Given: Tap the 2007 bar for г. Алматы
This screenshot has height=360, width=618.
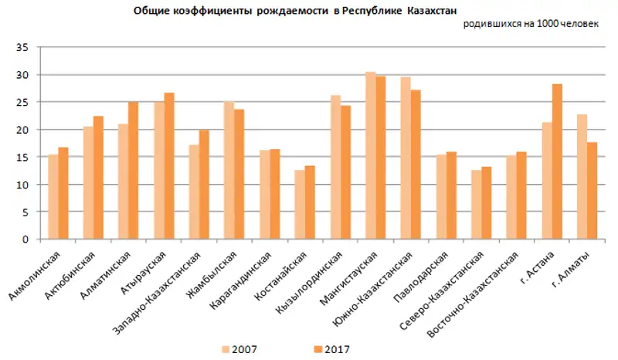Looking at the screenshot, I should (582, 177).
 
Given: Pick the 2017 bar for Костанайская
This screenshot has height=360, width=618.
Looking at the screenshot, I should (310, 202).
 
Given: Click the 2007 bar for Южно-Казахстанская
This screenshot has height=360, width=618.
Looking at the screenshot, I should (406, 158).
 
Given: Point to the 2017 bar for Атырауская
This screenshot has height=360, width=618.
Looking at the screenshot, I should (169, 166).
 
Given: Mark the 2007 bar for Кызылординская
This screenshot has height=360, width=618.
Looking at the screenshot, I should (335, 167).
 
